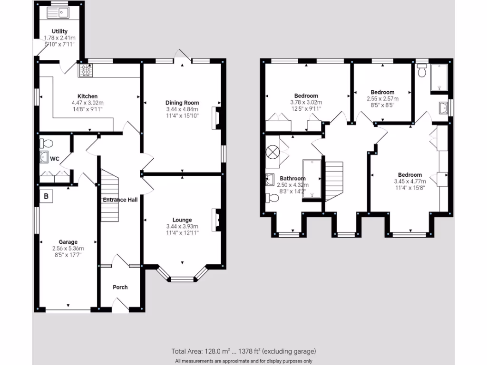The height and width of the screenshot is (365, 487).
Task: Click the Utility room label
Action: point(59,31)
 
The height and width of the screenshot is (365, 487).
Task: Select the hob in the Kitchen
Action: point(86,70)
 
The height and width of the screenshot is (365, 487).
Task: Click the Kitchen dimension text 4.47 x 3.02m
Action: point(88,103)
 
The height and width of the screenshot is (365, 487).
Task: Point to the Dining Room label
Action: point(182,103)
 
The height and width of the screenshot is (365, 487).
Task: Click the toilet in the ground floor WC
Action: point(46,143)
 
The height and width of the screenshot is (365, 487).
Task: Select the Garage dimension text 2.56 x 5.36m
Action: point(68,248)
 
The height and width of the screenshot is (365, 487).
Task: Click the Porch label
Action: point(120,287)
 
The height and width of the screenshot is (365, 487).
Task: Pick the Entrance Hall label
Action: point(120,200)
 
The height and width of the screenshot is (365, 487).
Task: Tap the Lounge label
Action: point(182,220)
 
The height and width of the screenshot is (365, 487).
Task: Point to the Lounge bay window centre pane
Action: point(182,279)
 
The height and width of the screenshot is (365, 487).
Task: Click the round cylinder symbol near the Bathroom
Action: point(273,152)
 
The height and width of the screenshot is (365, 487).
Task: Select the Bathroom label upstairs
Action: point(292,179)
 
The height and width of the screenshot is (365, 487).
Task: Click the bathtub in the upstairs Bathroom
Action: point(312,178)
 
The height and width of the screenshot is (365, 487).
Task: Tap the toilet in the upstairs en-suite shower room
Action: point(421,72)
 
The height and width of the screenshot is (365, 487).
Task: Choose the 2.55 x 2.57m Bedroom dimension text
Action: point(382,99)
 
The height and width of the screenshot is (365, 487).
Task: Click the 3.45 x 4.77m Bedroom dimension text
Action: point(410,181)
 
